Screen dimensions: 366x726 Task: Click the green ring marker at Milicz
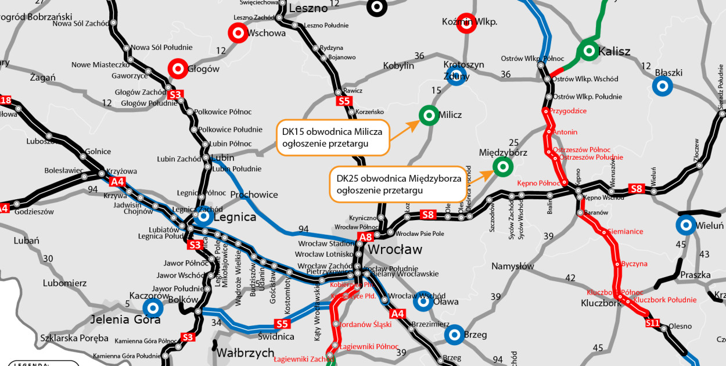429,116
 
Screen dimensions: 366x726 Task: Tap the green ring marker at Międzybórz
502,167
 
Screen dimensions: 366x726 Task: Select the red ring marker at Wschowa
238,33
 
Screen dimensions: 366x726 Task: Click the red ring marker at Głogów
177,69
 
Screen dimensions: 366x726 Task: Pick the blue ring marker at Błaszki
662,86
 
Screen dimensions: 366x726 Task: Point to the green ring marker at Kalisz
588,51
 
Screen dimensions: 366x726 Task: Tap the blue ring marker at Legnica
204,217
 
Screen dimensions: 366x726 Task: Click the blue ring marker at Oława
423,301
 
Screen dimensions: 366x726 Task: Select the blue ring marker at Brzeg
454,335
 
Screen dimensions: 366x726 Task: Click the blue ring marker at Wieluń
686,225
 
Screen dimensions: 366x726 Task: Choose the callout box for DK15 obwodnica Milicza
332,138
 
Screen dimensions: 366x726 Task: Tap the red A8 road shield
366,237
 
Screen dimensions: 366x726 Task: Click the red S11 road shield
653,322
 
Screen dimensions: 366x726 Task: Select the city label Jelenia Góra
125,320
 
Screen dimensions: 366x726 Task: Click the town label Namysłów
512,266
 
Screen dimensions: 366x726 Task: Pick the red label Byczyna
634,264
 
